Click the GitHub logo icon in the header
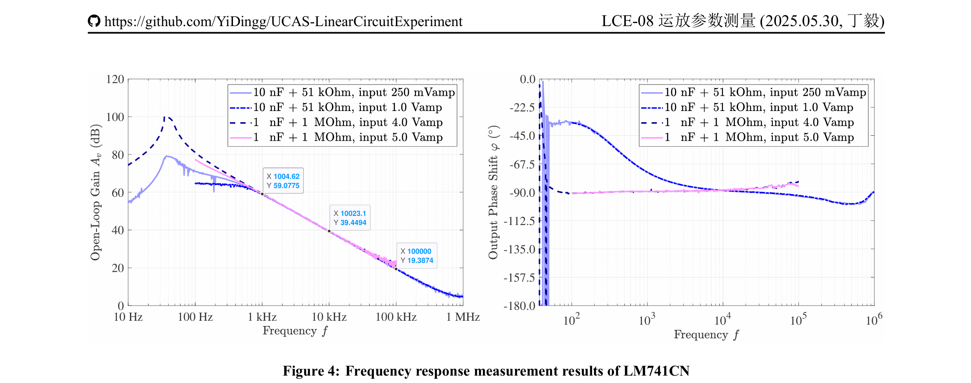[x=94, y=21]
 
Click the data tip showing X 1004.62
[x=283, y=181]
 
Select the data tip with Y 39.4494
[x=350, y=218]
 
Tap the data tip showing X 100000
[x=416, y=256]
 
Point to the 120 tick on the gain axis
[x=115, y=79]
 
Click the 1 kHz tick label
[x=262, y=317]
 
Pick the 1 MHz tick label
[x=462, y=317]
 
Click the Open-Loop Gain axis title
[x=96, y=192]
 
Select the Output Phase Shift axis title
[x=493, y=192]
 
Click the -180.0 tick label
[x=520, y=306]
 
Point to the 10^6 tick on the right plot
[x=874, y=320]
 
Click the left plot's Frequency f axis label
[x=295, y=331]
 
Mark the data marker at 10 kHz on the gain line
[x=329, y=231]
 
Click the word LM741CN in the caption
[x=656, y=371]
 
